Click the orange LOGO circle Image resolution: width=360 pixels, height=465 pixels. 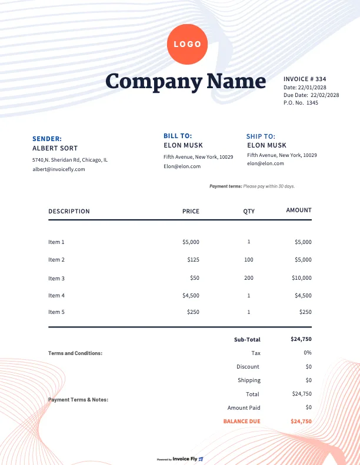[x=188, y=44]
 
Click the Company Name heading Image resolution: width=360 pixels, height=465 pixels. [x=186, y=81]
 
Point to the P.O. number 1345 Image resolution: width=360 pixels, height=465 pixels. [x=312, y=103]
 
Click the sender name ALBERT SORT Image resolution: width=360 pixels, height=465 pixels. [x=55, y=148]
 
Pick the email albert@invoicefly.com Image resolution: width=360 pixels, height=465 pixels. [x=59, y=169]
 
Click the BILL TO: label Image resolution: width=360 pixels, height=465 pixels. [x=178, y=136]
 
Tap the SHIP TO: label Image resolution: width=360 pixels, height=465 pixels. [x=261, y=136]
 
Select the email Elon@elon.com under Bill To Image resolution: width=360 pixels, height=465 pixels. [x=182, y=166]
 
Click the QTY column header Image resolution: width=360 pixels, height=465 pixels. [x=249, y=211]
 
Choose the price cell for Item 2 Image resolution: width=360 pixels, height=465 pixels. [x=193, y=260]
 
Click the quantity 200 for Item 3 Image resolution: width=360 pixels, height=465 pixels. [x=249, y=278]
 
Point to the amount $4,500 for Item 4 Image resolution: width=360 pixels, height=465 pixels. [x=302, y=296]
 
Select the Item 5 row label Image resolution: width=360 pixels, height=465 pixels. [x=56, y=312]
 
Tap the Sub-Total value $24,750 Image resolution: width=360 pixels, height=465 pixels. [x=301, y=339]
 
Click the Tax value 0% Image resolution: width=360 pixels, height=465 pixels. [x=308, y=353]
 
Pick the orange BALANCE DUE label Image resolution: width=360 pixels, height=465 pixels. [x=242, y=421]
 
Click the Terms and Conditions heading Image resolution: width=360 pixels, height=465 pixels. [x=75, y=353]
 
